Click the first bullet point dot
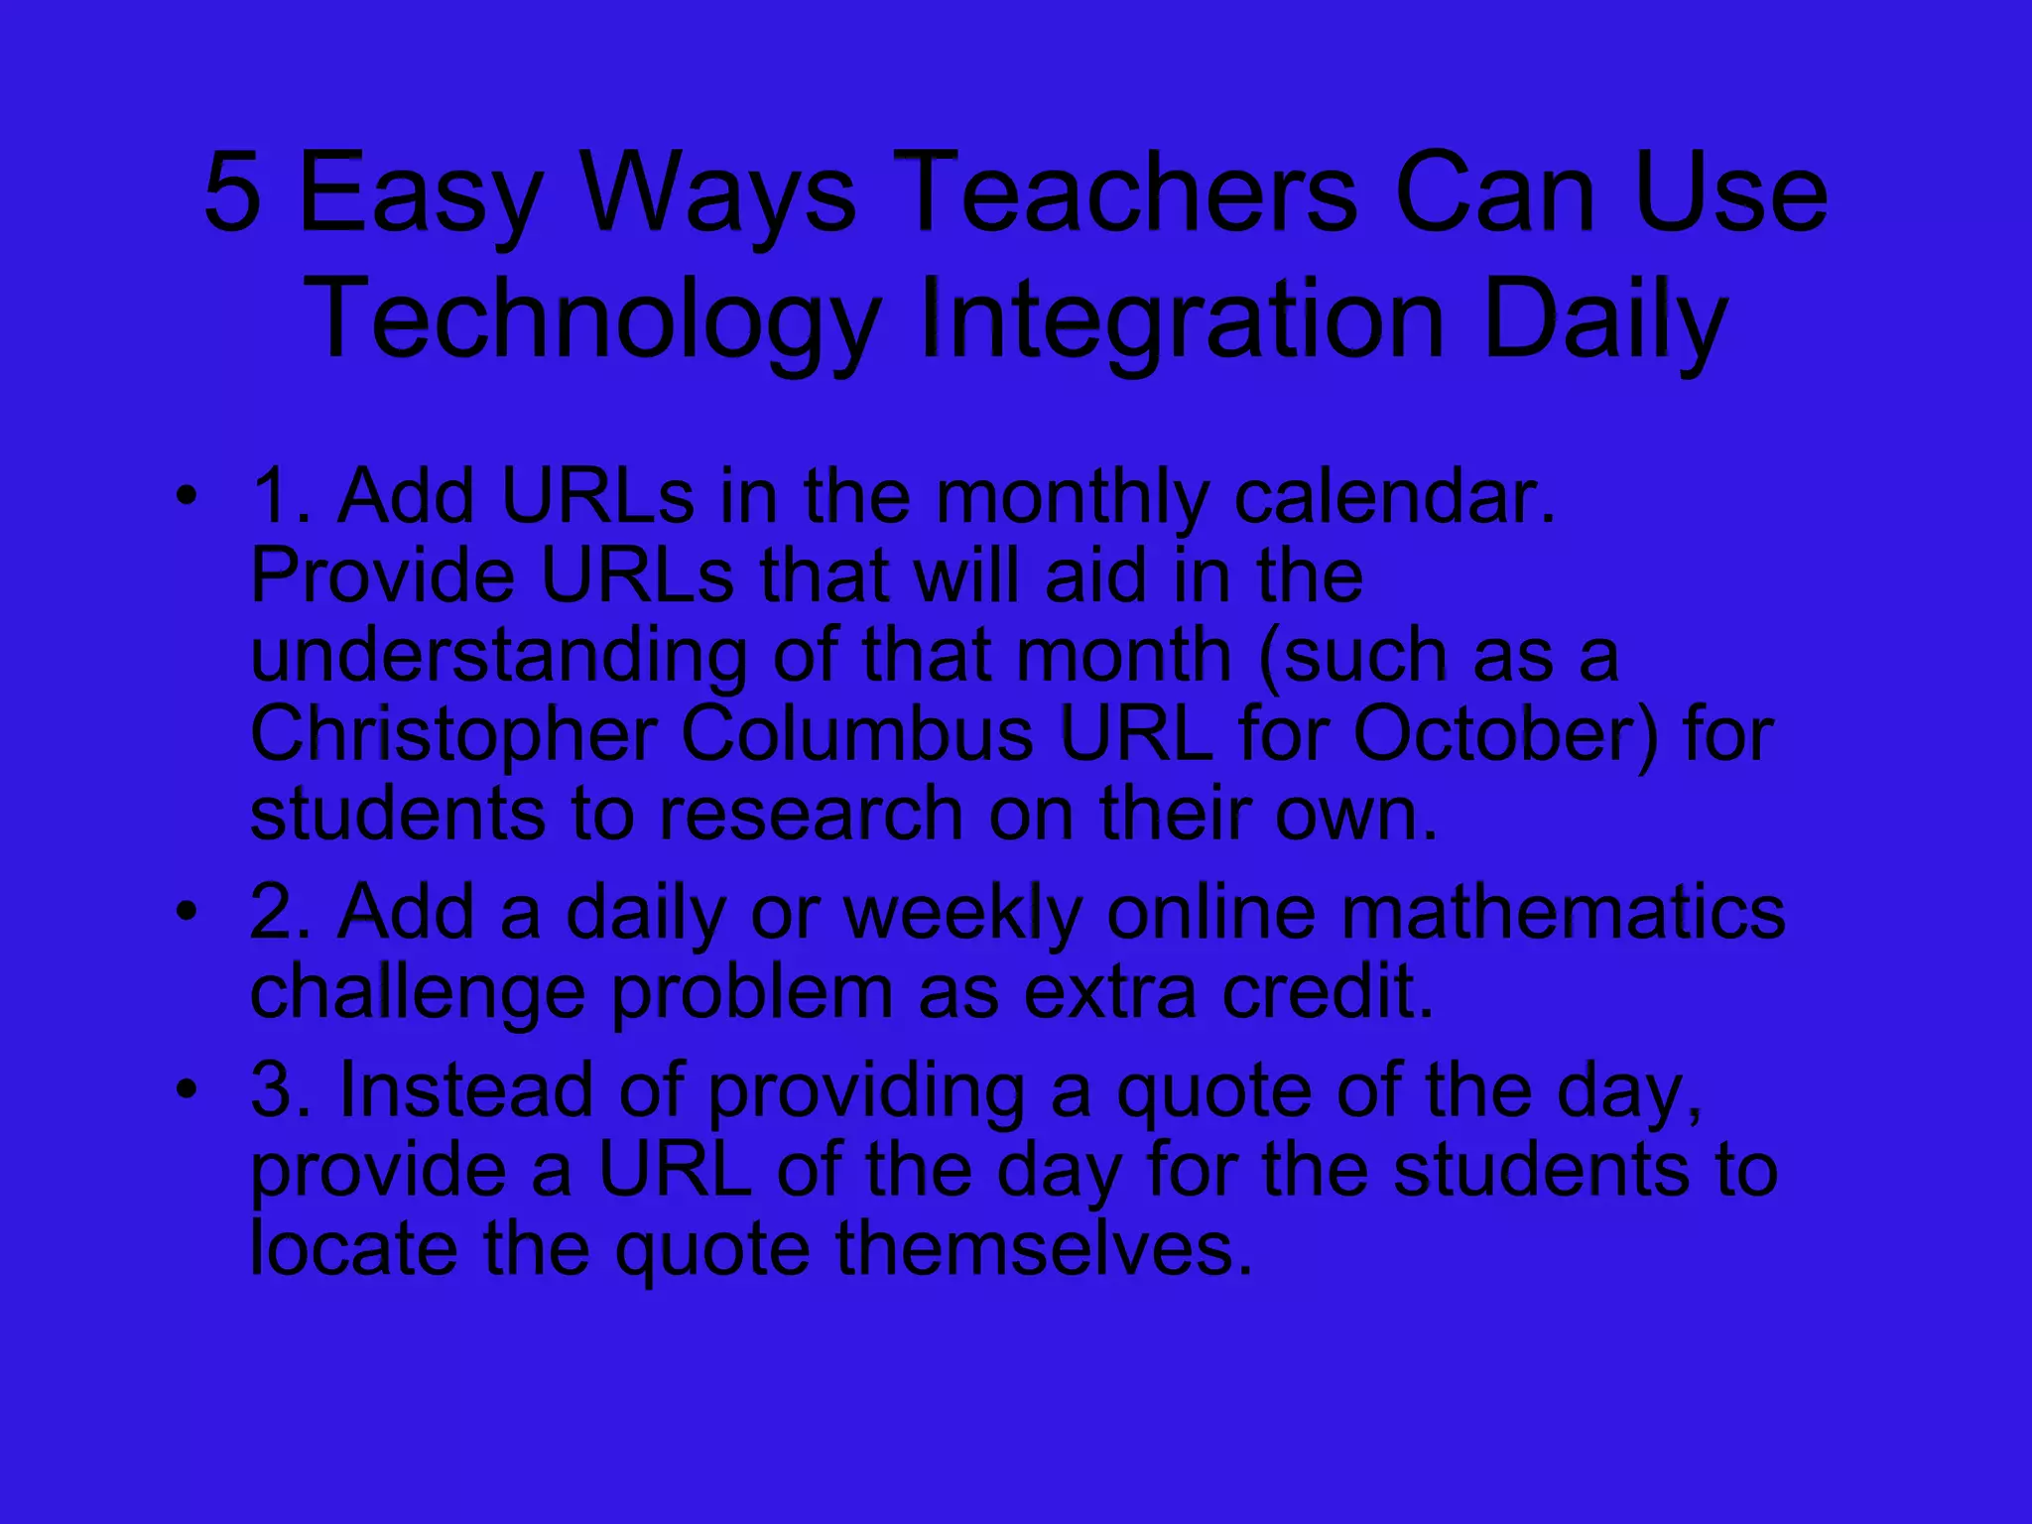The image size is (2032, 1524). click(187, 495)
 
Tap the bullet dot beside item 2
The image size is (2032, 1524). click(187, 910)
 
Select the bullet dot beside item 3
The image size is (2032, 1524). click(187, 1088)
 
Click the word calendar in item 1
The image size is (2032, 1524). click(1394, 495)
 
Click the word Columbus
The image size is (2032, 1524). click(857, 734)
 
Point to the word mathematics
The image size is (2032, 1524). click(1564, 911)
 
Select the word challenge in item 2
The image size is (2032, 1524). click(418, 992)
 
